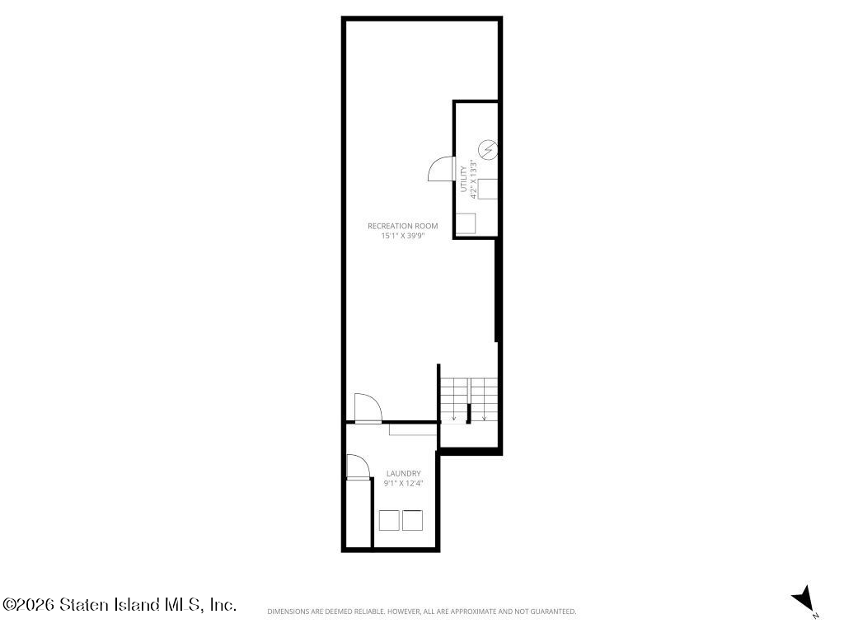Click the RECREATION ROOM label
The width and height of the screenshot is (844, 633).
pos(402,226)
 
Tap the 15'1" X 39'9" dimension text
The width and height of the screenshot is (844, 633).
pos(403,236)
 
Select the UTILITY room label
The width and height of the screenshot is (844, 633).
pos(463,179)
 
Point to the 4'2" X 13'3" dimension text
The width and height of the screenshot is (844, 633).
pos(474,179)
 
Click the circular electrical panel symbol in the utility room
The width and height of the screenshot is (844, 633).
pos(488,149)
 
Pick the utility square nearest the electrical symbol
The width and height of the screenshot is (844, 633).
pos(488,189)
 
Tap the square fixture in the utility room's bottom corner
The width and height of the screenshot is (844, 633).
pos(466,223)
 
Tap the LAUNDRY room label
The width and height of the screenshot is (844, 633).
pos(404,474)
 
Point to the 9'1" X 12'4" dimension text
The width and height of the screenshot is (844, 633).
pos(403,483)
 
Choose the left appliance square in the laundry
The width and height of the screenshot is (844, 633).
pos(389,520)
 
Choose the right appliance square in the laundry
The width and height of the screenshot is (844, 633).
pos(412,520)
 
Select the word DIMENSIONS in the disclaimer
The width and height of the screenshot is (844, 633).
pos(288,612)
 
